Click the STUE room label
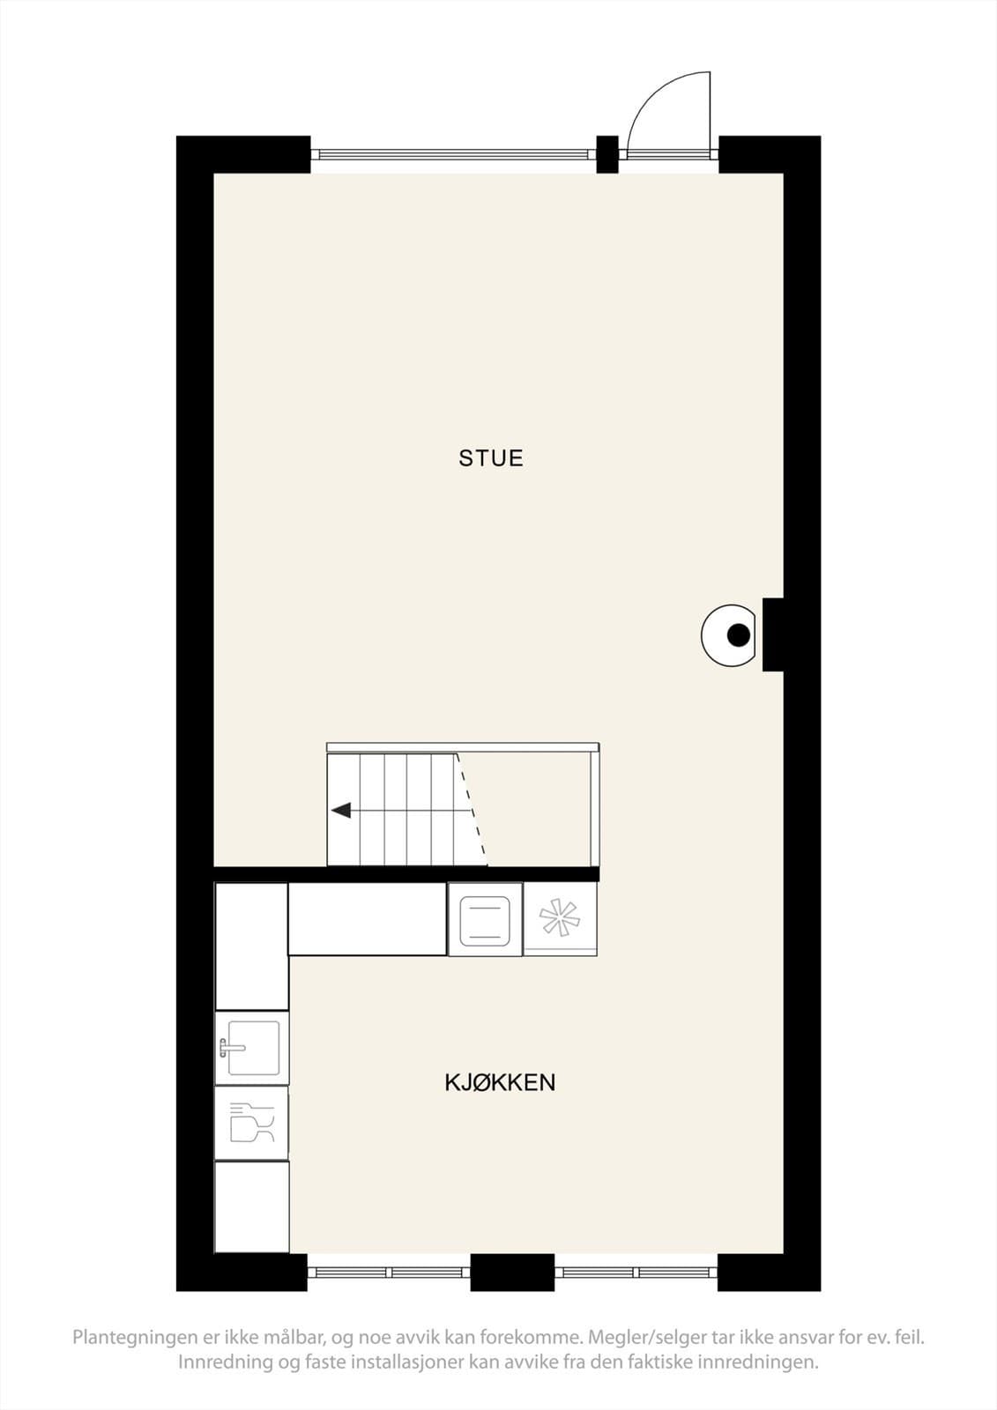[x=491, y=458]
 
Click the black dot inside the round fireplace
[x=739, y=634]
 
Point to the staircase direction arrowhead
[x=341, y=811]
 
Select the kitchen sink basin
[x=253, y=1048]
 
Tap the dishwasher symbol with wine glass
[x=252, y=1123]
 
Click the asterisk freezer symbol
[x=559, y=918]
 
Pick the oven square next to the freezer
[x=484, y=920]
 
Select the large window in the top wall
[x=453, y=153]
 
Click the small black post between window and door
[x=607, y=154]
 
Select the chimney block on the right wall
[x=773, y=634]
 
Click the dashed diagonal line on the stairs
[x=472, y=810]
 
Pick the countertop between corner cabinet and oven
[x=368, y=919]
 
